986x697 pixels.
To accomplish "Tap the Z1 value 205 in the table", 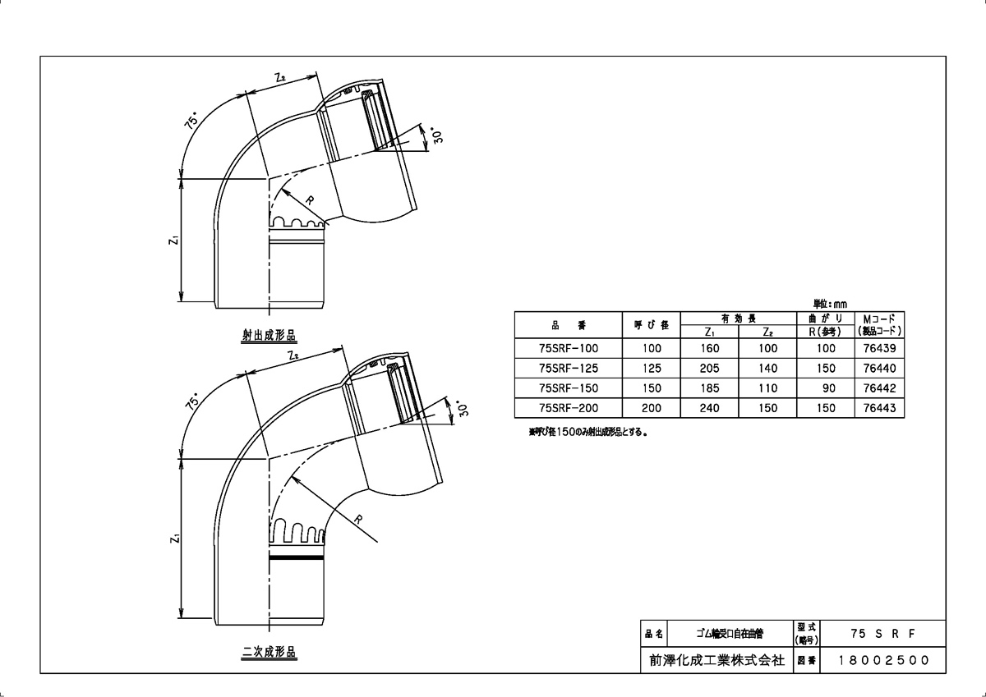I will [x=711, y=369].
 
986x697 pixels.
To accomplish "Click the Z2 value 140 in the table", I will [x=768, y=369].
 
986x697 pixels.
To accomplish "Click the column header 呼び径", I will [x=652, y=325].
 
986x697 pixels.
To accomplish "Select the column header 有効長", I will [x=739, y=318].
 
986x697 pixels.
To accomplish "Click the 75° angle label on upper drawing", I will [x=191, y=123].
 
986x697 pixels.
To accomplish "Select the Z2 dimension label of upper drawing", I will [x=279, y=79].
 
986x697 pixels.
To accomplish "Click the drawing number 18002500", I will [x=883, y=660].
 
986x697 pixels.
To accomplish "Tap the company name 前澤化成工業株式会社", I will [x=716, y=660].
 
